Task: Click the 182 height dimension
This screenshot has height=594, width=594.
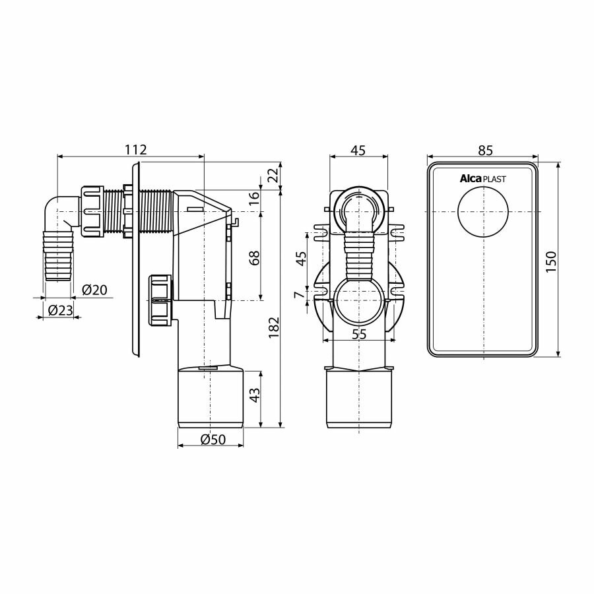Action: click(x=274, y=328)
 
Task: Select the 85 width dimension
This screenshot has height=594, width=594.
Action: click(x=485, y=150)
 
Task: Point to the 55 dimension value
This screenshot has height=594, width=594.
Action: click(x=358, y=335)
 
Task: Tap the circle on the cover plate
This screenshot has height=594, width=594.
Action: click(x=483, y=212)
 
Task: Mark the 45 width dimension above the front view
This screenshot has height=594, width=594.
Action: click(x=358, y=150)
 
